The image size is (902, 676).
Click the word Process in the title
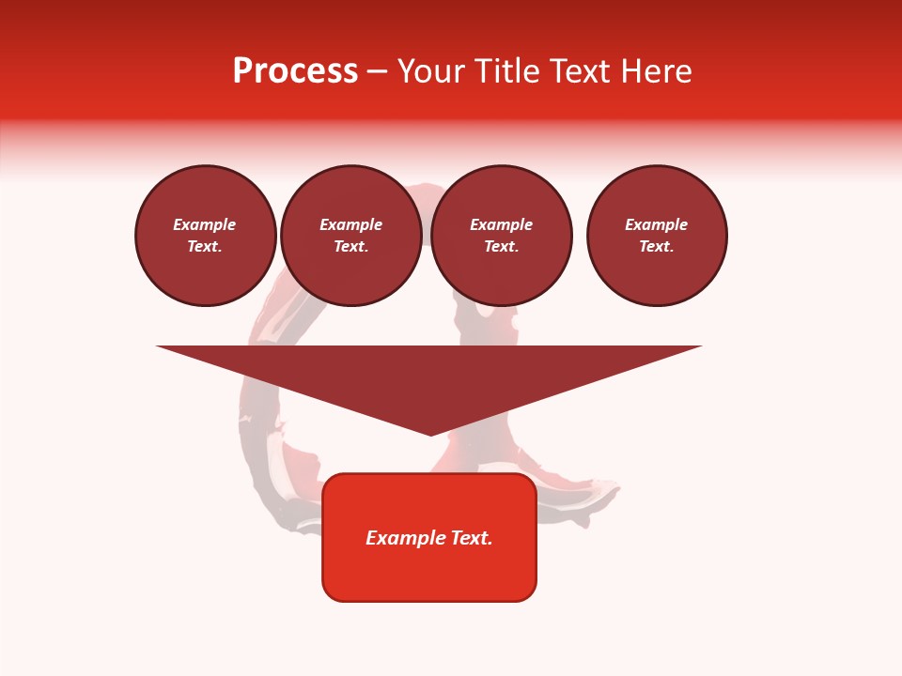[295, 71]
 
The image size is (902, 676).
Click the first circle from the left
[206, 236]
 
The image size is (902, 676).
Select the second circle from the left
[351, 236]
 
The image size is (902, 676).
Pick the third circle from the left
[502, 236]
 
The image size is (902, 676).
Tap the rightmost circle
[657, 236]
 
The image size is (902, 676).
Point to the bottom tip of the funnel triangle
[430, 434]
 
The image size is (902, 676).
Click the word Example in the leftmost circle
[205, 225]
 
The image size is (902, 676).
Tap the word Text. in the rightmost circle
[657, 247]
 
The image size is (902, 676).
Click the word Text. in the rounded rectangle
[473, 538]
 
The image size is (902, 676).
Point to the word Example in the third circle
[501, 225]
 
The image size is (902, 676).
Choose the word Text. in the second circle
[351, 247]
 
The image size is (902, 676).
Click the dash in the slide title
[378, 71]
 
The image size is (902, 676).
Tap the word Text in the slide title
[577, 71]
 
